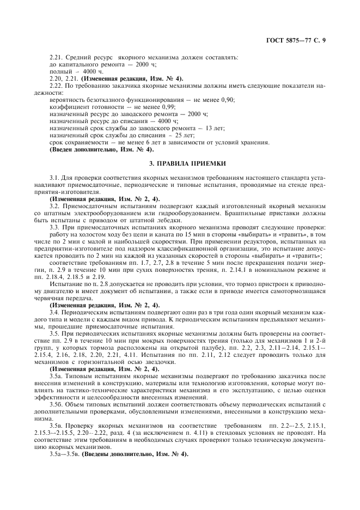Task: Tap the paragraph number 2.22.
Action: [56, 86]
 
